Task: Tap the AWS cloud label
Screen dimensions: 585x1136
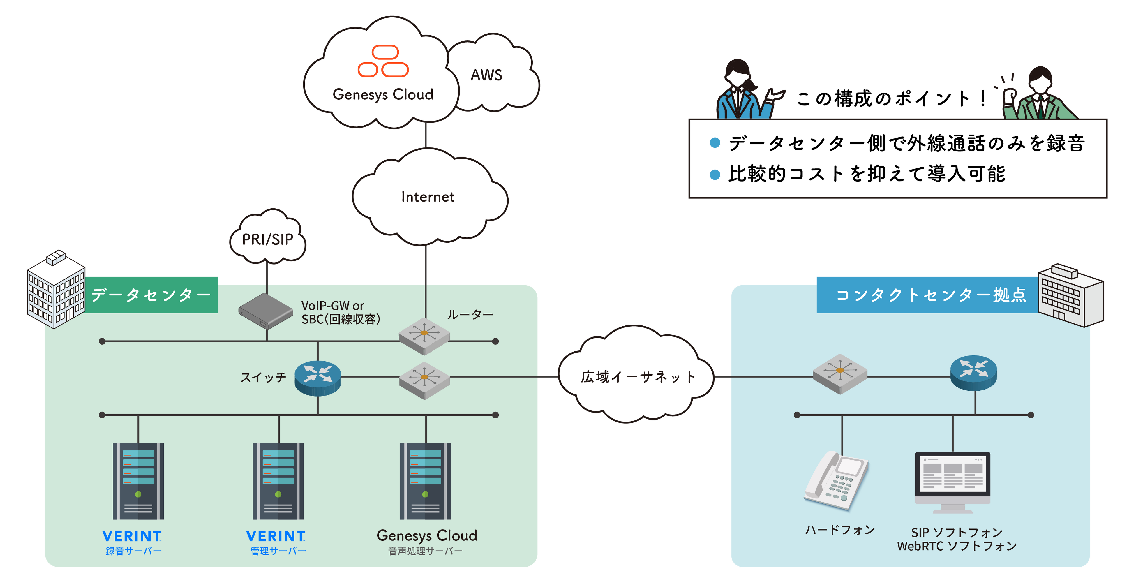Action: click(x=486, y=75)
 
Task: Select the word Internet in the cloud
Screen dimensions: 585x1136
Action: click(x=427, y=197)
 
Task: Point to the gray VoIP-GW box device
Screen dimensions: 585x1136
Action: click(x=265, y=311)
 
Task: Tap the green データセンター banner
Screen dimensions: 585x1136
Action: click(x=151, y=295)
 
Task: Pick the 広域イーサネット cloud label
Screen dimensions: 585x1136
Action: click(x=638, y=377)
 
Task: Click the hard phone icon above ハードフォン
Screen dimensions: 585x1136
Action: click(x=836, y=481)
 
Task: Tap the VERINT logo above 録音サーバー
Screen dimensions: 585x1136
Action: click(x=132, y=536)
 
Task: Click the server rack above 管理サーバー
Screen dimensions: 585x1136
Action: click(x=278, y=481)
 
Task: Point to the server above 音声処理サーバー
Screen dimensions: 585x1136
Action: click(x=425, y=481)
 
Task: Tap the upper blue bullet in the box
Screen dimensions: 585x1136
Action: click(x=715, y=142)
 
